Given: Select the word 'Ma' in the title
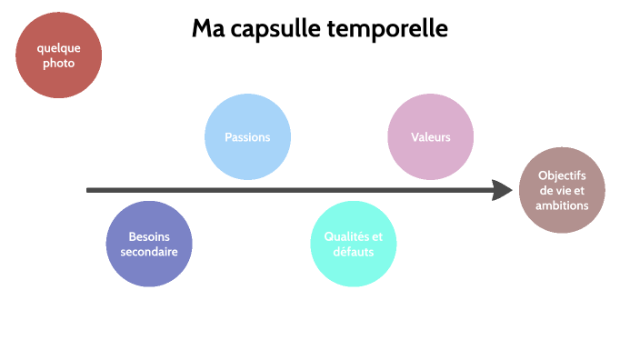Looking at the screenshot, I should [207, 29].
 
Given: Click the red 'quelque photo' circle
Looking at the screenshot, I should [58, 55].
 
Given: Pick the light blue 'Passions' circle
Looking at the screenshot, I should [248, 137].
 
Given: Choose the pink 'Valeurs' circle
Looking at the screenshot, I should [430, 137].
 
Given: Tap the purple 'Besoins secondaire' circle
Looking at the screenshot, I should [149, 244].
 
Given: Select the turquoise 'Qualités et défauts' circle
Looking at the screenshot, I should [354, 244].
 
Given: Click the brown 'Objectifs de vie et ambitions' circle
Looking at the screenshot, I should [562, 190].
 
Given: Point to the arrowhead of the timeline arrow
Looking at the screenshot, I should [503, 190].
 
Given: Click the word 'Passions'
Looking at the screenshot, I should [248, 137].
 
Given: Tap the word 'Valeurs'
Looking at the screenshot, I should [430, 137].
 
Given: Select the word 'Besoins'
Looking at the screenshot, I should [149, 235].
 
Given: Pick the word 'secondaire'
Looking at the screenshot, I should [149, 251].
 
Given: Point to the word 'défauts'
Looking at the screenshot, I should [354, 252].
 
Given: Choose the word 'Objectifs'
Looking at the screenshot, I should [562, 175].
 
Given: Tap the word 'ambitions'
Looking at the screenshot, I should [562, 205].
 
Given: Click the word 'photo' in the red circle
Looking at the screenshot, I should [58, 64].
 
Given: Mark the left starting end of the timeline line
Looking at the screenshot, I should [89, 190].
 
